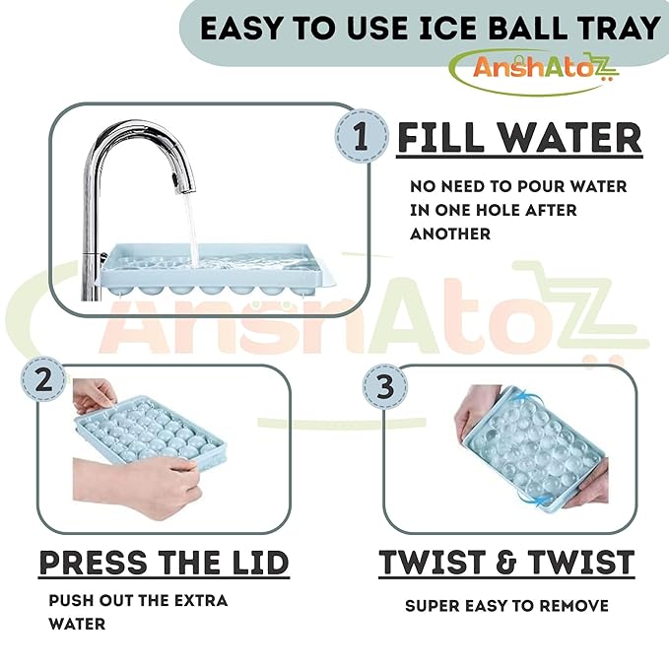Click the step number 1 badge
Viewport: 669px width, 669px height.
(x=362, y=136)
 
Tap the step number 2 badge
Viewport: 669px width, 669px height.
(x=44, y=379)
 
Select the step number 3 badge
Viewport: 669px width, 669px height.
(x=385, y=386)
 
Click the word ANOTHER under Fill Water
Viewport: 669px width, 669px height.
(x=450, y=234)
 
